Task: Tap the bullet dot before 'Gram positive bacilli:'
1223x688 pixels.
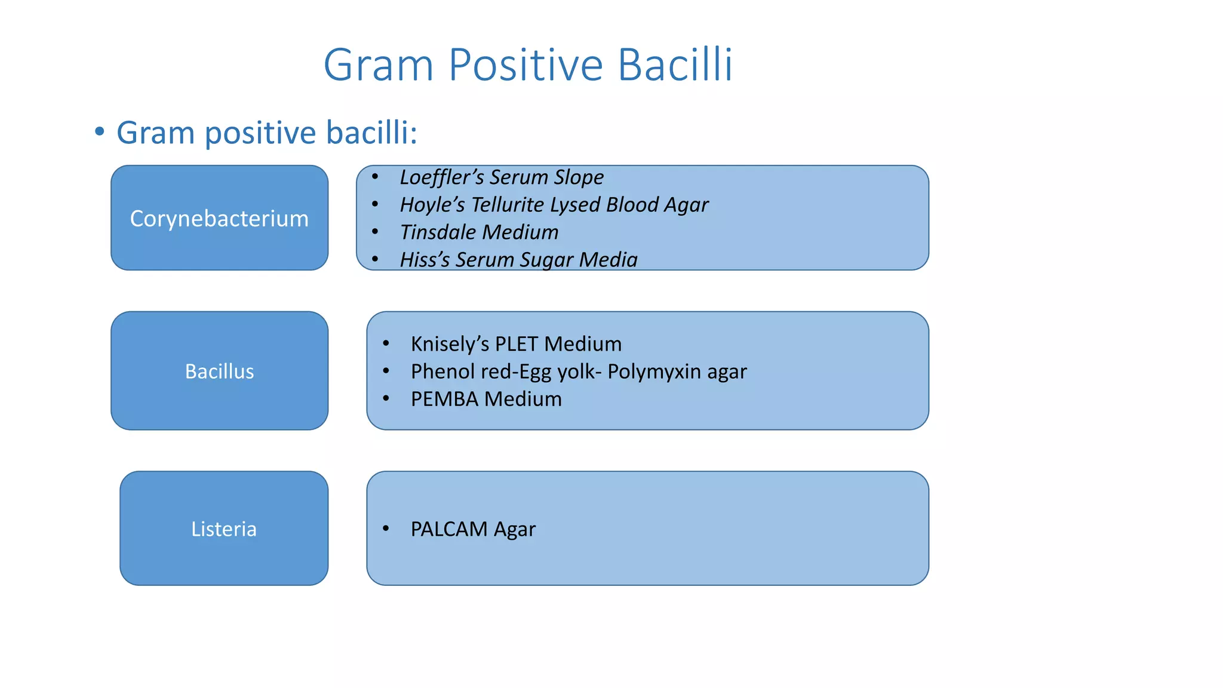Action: point(100,131)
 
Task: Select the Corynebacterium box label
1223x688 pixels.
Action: point(219,219)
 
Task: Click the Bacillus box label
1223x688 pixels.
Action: point(219,371)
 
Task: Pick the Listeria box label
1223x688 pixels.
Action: point(224,529)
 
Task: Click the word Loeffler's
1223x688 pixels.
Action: point(441,177)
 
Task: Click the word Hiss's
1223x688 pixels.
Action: point(425,260)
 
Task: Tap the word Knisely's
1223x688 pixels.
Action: point(450,344)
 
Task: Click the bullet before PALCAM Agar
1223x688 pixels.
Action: point(386,528)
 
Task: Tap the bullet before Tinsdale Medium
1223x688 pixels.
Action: point(375,232)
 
